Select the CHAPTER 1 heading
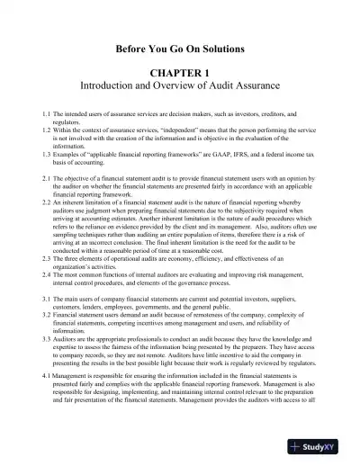tap(180, 70)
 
